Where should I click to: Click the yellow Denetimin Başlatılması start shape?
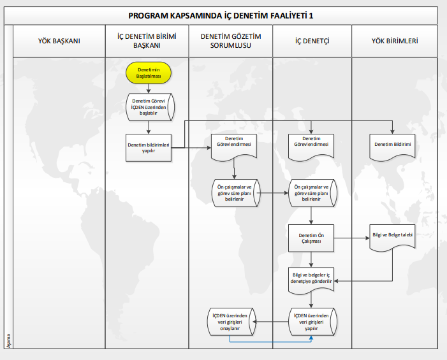pos(149,73)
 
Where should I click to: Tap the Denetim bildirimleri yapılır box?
pos(149,148)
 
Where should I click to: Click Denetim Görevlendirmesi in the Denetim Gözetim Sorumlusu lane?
pos(235,144)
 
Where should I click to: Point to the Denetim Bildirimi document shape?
pos(392,145)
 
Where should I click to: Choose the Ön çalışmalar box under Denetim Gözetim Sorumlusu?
pos(235,192)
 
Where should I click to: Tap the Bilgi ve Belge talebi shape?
pos(392,237)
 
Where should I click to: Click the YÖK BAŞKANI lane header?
pos(59,41)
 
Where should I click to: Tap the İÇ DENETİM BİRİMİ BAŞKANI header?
pos(148,41)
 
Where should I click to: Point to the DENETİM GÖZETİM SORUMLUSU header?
pos(231,41)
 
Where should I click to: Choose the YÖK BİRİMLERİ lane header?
pos(395,41)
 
